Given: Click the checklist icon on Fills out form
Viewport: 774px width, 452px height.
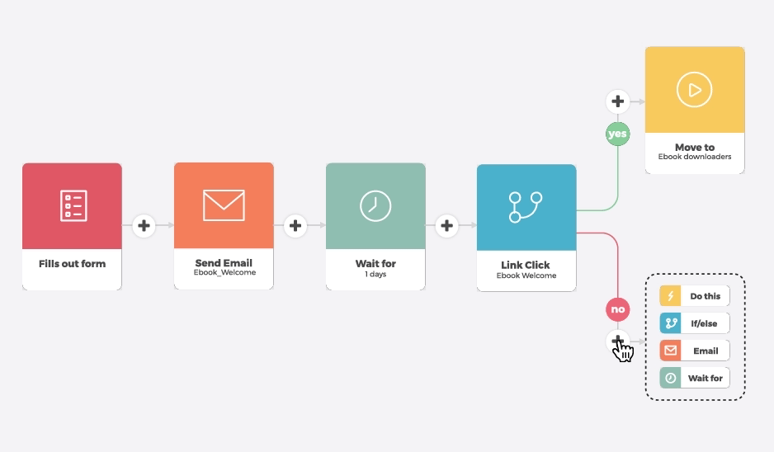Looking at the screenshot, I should tap(73, 205).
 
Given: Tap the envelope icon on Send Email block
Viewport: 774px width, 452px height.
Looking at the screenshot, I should tap(224, 205).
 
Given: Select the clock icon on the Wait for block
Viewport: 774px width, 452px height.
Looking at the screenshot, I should tap(375, 205).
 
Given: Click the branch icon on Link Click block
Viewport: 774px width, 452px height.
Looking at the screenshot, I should tap(526, 206).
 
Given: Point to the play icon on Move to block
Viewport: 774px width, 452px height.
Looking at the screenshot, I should tap(694, 89).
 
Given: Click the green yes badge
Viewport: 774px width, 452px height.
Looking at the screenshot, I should tap(617, 134).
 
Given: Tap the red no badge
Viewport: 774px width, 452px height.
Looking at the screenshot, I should tap(617, 310).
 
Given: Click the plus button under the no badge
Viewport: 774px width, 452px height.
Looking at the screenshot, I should tap(617, 340).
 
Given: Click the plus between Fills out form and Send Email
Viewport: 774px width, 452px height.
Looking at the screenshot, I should tap(144, 224).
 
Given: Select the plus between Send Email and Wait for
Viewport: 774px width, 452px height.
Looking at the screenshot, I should tap(295, 224).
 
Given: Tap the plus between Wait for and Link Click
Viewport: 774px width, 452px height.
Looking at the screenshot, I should tap(446, 224).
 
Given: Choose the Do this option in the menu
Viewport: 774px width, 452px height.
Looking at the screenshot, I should tap(695, 296).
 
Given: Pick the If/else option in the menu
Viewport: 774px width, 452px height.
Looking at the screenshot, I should tap(695, 323).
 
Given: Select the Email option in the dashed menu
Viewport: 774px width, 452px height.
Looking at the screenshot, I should tap(695, 351).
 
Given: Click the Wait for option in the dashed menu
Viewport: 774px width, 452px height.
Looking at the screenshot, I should tap(695, 378).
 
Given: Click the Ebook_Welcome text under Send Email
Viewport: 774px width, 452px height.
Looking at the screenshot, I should tap(224, 273).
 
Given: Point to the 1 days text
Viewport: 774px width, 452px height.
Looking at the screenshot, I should tap(375, 274).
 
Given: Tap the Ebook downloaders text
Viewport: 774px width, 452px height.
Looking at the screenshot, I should tap(695, 157).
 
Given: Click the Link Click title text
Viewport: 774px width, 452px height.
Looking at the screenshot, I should tap(526, 266).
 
